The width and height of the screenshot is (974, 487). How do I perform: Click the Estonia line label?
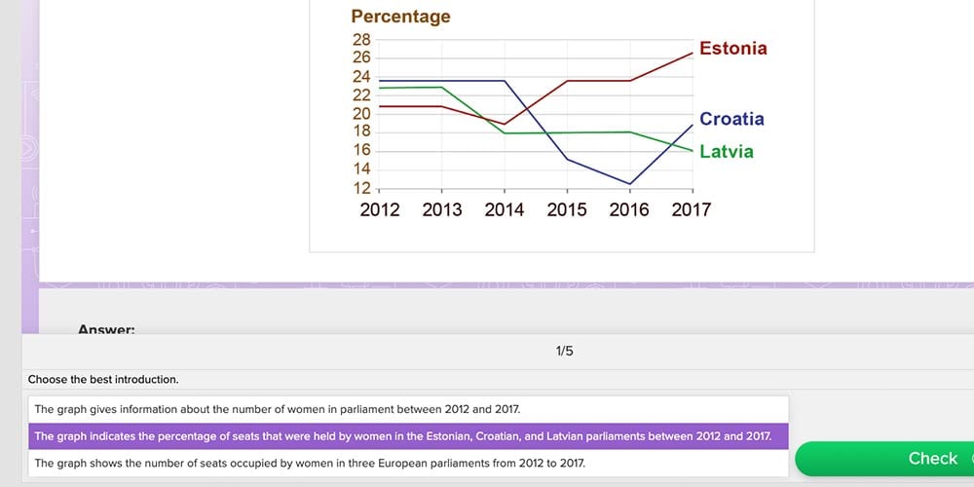click(x=732, y=48)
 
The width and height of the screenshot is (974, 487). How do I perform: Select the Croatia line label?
click(x=731, y=119)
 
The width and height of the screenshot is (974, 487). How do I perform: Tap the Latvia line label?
click(x=726, y=152)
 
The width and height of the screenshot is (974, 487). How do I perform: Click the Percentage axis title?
click(x=400, y=17)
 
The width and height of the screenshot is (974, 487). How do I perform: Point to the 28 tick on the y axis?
click(x=360, y=40)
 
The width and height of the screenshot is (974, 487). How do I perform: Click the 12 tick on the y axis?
click(x=360, y=188)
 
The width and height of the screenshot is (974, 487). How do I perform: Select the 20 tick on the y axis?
click(x=360, y=114)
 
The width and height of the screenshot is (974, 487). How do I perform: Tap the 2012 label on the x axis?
click(x=379, y=209)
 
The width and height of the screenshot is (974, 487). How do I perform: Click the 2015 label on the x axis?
click(x=567, y=209)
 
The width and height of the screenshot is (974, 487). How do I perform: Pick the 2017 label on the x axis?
click(x=692, y=209)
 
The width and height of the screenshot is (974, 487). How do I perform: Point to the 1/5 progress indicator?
click(x=564, y=351)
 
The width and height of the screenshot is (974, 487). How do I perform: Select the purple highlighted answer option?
click(x=402, y=436)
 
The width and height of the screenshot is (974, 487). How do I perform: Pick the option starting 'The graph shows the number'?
click(x=310, y=464)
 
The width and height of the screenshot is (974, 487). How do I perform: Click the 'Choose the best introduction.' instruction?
click(x=103, y=379)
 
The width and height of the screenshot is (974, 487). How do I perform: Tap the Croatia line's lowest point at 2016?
click(x=630, y=184)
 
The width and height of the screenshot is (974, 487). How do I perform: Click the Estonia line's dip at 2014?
click(x=505, y=124)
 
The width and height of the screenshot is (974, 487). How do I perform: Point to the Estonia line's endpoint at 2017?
click(x=693, y=53)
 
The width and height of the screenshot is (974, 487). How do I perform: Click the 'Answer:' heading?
click(x=106, y=329)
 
